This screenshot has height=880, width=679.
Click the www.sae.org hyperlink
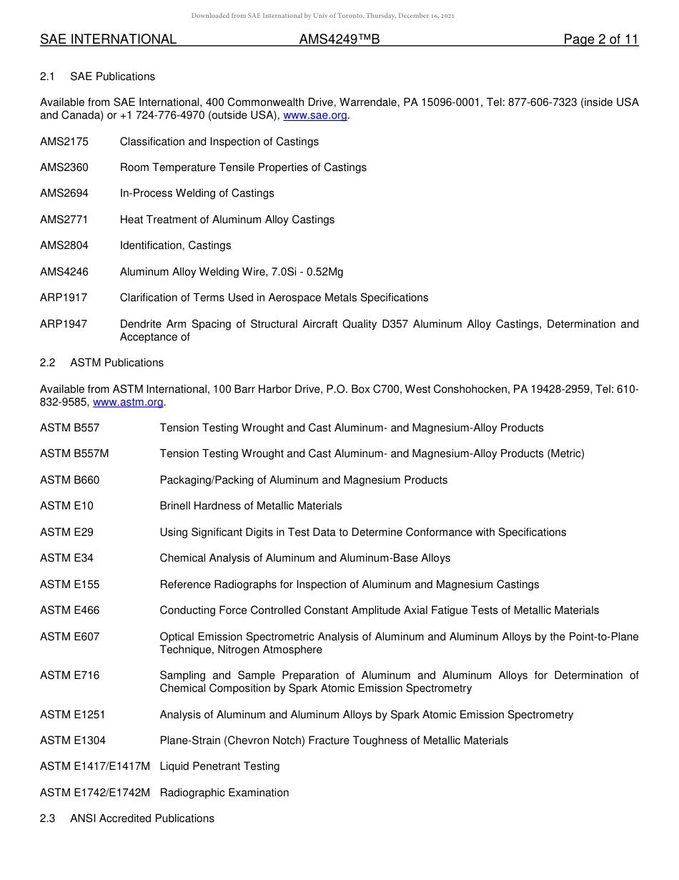pyautogui.click(x=316, y=116)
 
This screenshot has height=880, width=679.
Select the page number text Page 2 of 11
pyautogui.click(x=600, y=40)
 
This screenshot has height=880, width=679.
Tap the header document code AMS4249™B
pyautogui.click(x=339, y=40)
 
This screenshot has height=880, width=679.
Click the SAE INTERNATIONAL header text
pyautogui.click(x=108, y=40)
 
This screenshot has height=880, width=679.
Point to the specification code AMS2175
pyautogui.click(x=64, y=142)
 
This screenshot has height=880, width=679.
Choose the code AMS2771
pyautogui.click(x=64, y=220)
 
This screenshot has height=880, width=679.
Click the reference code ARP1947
pyautogui.click(x=64, y=324)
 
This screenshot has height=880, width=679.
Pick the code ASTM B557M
pyautogui.click(x=74, y=454)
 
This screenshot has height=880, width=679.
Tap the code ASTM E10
pyautogui.click(x=66, y=506)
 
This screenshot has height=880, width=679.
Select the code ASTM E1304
pyautogui.click(x=73, y=740)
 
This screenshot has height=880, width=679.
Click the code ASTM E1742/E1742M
pyautogui.click(x=95, y=793)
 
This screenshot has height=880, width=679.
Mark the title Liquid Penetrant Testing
pyautogui.click(x=219, y=766)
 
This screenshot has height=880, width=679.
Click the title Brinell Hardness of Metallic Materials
pyautogui.click(x=251, y=506)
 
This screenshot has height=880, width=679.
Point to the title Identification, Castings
pyautogui.click(x=176, y=245)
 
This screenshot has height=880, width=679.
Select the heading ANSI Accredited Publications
pyautogui.click(x=142, y=818)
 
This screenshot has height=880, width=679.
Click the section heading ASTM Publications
pyautogui.click(x=117, y=363)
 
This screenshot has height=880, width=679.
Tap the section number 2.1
pyautogui.click(x=48, y=77)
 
